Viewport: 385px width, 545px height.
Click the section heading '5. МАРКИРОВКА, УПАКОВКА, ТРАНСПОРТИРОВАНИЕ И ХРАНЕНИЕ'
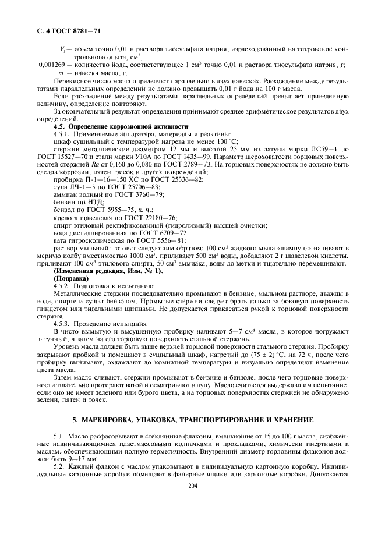click(x=193, y=420)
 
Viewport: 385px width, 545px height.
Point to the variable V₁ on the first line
click(x=63, y=49)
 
